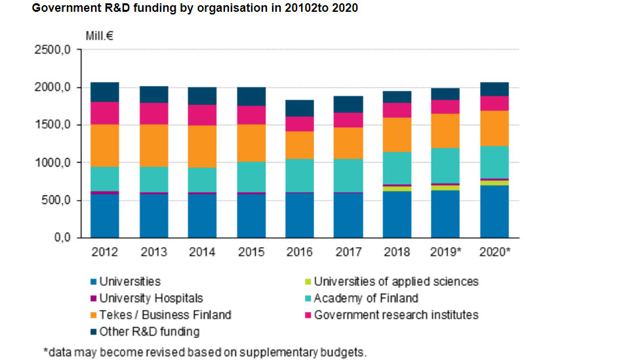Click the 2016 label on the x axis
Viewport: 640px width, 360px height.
(300, 252)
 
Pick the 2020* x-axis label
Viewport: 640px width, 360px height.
(494, 252)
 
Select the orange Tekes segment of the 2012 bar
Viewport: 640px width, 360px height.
(105, 146)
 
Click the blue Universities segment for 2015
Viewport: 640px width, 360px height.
(251, 216)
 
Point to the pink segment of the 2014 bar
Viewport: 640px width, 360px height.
(202, 115)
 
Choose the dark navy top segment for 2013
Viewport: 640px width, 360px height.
(153, 94)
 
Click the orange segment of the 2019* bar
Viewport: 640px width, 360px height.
(445, 130)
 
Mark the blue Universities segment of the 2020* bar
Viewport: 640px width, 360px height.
(494, 211)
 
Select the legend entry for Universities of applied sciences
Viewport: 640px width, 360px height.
(396, 282)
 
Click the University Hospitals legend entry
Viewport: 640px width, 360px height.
(151, 298)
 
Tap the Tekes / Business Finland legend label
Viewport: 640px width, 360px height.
(165, 315)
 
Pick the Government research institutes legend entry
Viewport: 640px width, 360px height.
(396, 315)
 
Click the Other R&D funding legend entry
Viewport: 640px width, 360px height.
(149, 332)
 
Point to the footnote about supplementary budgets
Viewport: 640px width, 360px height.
(205, 352)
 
